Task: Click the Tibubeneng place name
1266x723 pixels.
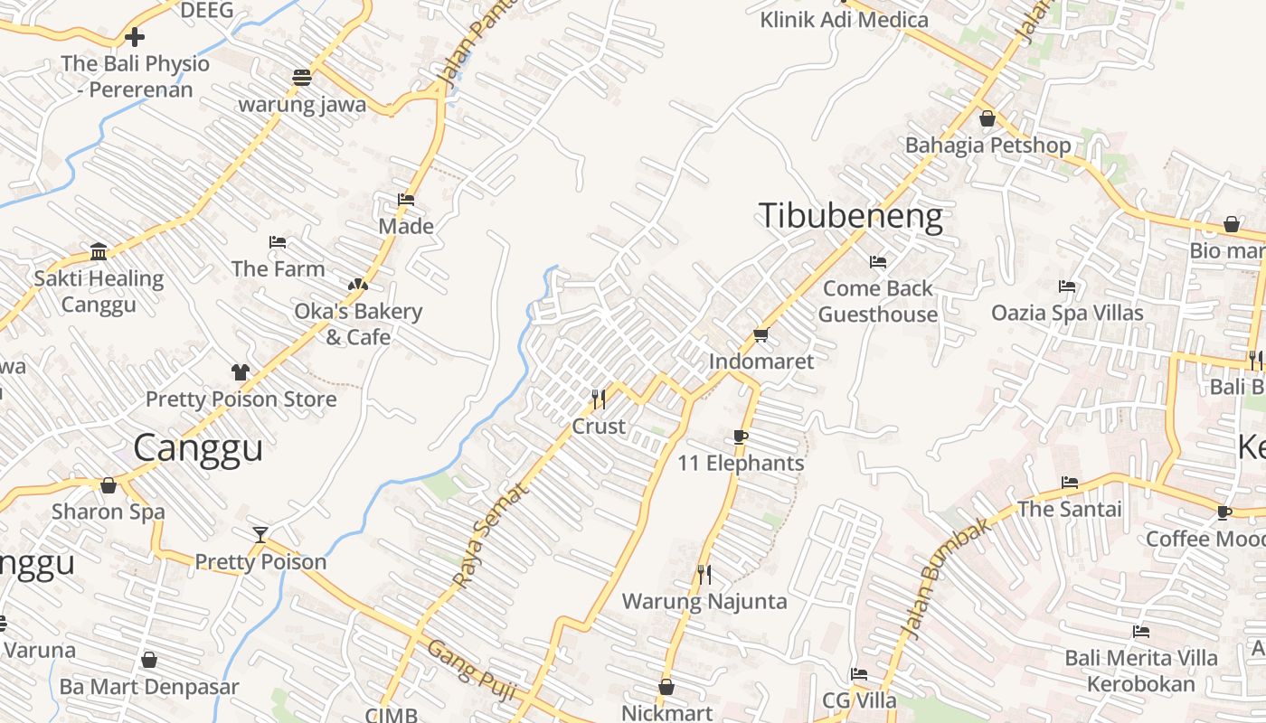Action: click(x=850, y=217)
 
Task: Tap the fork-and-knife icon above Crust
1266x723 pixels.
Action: click(x=598, y=399)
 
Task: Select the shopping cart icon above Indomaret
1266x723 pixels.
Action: click(x=761, y=335)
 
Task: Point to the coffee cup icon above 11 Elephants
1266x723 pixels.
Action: click(x=741, y=437)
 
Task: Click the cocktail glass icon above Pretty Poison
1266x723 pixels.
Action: click(x=260, y=534)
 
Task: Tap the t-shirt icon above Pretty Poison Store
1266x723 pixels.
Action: click(x=240, y=371)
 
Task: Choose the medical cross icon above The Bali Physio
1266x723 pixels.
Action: click(x=135, y=37)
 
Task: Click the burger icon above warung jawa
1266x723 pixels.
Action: click(x=302, y=78)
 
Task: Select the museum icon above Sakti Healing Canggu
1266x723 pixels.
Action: click(x=99, y=251)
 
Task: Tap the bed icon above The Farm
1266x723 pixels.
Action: click(x=278, y=242)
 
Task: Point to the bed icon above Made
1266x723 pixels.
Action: click(x=406, y=200)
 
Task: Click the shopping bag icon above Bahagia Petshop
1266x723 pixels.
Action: click(x=987, y=118)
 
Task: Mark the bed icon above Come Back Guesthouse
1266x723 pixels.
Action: click(x=877, y=262)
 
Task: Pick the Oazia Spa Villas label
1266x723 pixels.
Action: click(x=1067, y=313)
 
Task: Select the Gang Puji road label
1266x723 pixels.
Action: click(x=471, y=671)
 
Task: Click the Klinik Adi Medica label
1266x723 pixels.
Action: click(x=844, y=19)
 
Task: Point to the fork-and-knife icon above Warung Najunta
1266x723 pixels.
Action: click(x=704, y=574)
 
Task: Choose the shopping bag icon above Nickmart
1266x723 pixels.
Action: click(x=666, y=687)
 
